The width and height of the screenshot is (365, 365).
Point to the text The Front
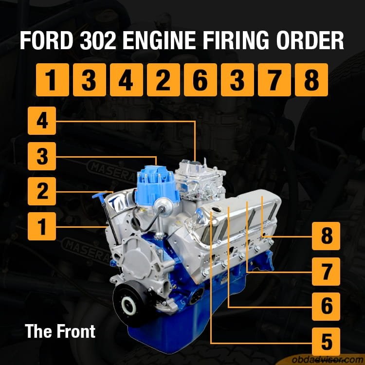click(60, 332)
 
